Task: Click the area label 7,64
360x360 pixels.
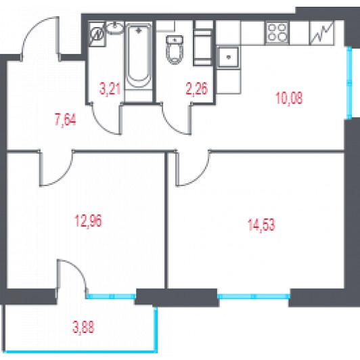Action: point(66,120)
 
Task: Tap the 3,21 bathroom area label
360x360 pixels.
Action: point(110,89)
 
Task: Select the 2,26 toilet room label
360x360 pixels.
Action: point(197,89)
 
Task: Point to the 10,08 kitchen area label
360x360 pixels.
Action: point(289,98)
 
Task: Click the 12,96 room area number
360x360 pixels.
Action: point(89,221)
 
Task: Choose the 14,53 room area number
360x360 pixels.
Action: point(261,225)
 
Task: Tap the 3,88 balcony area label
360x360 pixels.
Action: point(83,327)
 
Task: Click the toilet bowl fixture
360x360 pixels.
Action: point(175,49)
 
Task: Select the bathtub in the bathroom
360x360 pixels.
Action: point(139,55)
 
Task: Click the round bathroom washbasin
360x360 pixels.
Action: point(115,28)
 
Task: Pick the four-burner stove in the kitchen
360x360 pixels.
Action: point(277,32)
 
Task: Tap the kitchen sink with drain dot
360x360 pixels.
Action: point(228,57)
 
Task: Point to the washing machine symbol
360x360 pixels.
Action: point(97,35)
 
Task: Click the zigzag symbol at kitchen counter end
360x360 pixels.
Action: point(321,32)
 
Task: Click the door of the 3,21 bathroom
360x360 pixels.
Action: point(106,119)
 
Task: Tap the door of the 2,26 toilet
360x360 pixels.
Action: point(176,119)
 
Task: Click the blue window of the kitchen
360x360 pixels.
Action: point(349,83)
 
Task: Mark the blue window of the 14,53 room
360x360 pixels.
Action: point(253,296)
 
